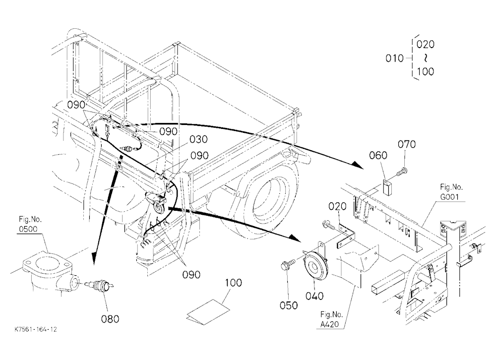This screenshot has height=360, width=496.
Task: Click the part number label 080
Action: pos(110,318)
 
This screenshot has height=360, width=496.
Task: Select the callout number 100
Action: pos(233,283)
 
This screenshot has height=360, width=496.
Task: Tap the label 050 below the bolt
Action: pos(289,305)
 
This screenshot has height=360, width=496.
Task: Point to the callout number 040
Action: pos(314,296)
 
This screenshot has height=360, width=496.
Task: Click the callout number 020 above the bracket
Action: pos(337,207)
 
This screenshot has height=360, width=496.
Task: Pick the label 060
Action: pos(378,155)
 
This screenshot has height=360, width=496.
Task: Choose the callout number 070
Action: pos(407,144)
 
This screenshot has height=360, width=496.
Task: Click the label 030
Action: pos(198,139)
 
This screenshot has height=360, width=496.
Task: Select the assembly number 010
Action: pos(394,58)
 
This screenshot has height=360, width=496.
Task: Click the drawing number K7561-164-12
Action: pos(36,329)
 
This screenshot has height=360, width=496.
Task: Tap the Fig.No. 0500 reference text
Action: pos(30,224)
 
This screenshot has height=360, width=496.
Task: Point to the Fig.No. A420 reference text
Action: pos(331,319)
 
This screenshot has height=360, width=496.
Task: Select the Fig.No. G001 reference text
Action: pos(451,192)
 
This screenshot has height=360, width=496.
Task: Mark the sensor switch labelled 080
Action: pos(100,285)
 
